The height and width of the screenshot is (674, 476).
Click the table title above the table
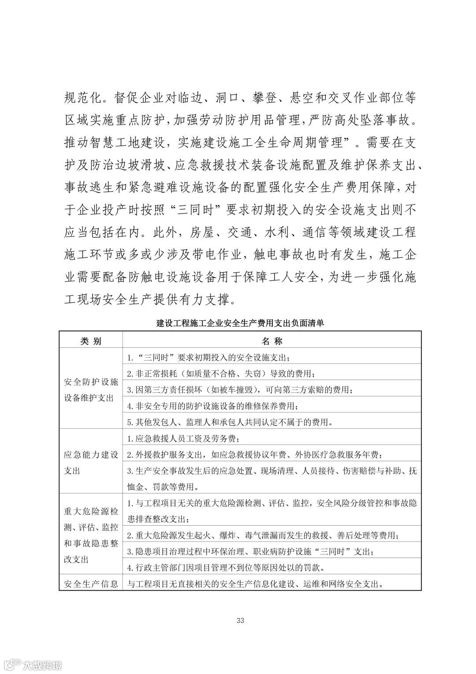tap(240, 323)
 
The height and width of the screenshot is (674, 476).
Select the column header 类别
tap(91, 341)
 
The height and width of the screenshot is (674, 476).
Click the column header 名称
tap(271, 341)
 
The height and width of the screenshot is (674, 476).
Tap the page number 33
tap(240, 620)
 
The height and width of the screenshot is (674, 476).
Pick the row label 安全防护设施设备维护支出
tap(91, 389)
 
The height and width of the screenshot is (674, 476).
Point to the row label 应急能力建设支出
tap(91, 463)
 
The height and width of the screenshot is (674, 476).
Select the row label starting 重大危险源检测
tap(91, 535)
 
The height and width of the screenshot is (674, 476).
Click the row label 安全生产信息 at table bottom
tap(91, 584)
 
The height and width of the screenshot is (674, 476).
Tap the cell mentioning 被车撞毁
tap(240, 390)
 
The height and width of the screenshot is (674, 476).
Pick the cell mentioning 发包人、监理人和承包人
tap(230, 422)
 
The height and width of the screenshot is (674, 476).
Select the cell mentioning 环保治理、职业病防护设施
tap(251, 552)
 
